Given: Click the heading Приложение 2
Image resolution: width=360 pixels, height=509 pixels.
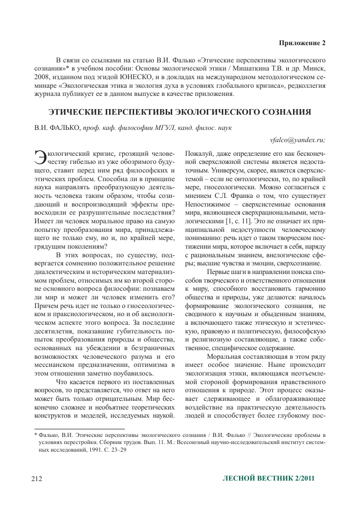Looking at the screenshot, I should point(302,43).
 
